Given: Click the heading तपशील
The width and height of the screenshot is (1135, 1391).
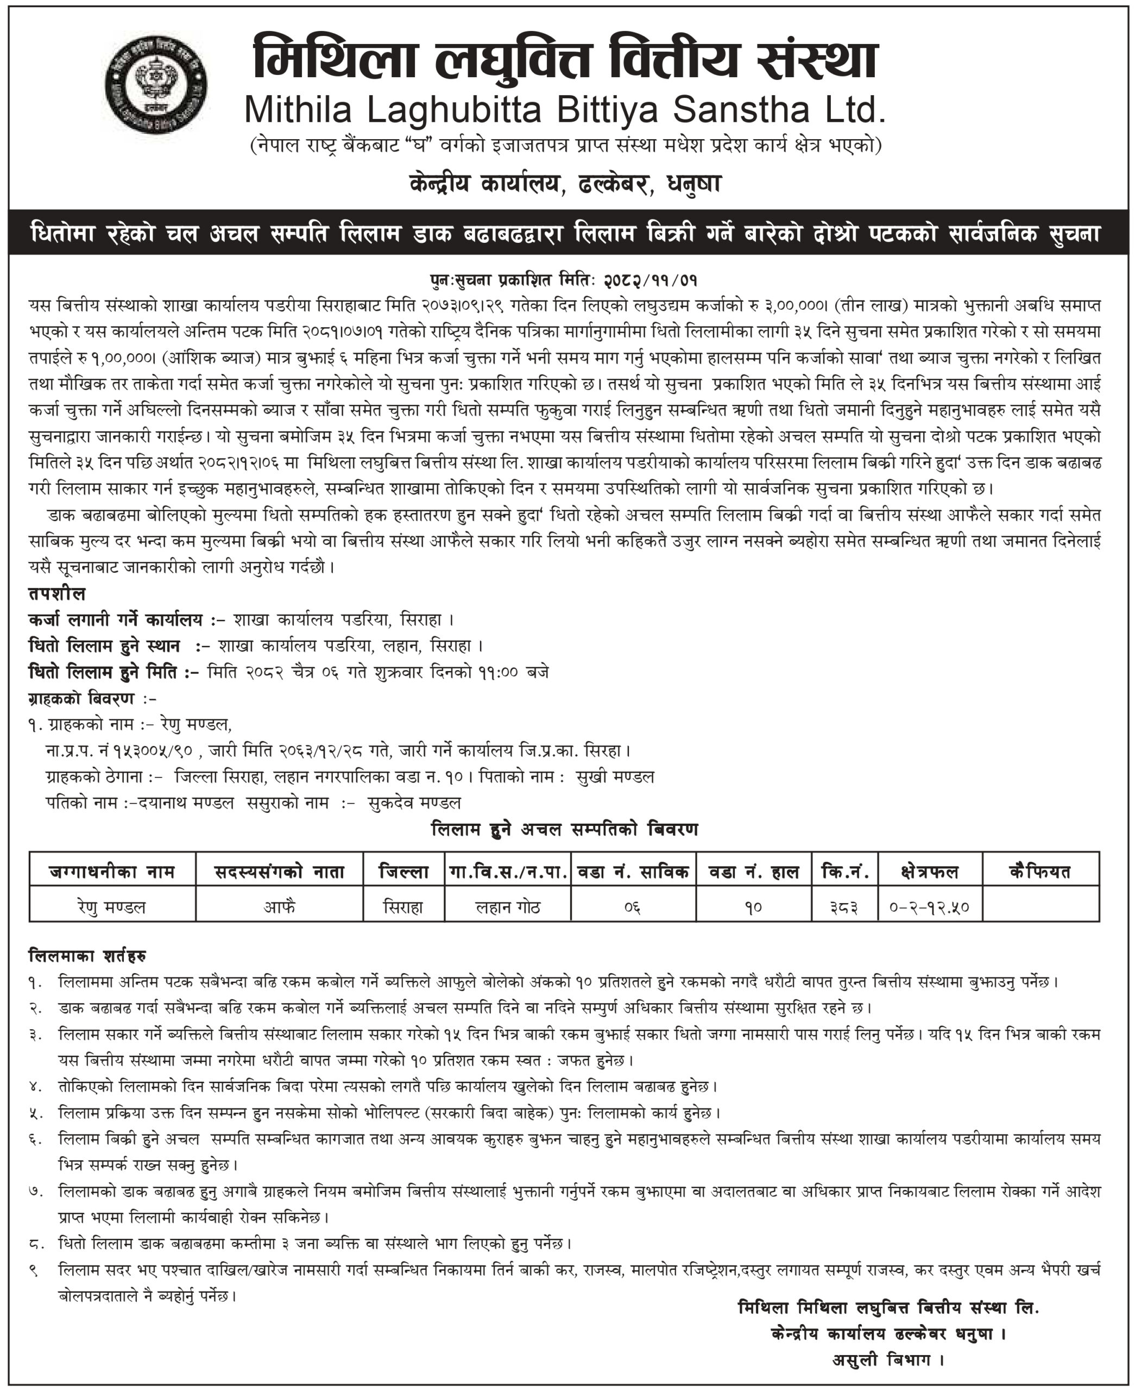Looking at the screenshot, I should tap(57, 594).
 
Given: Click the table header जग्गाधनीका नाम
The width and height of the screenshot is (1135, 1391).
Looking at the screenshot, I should tap(112, 871).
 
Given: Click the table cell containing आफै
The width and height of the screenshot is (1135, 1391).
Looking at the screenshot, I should tap(279, 907).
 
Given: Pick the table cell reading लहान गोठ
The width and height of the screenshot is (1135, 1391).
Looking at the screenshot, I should tap(507, 907).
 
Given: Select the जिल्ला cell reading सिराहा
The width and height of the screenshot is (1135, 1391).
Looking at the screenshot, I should tap(403, 907).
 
